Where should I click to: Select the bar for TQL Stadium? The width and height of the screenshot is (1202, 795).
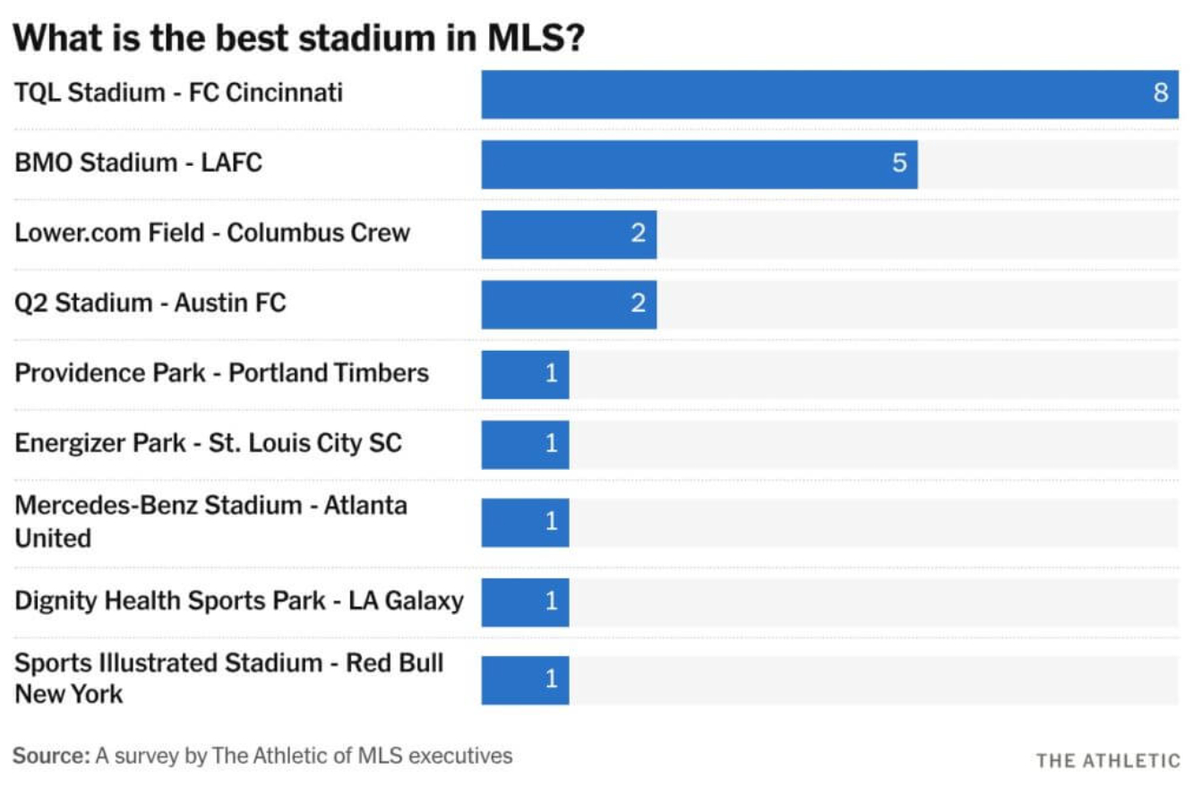pyautogui.click(x=829, y=94)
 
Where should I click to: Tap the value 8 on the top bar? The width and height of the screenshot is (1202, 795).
pyautogui.click(x=1161, y=94)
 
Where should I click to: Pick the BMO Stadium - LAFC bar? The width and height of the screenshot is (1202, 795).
pyautogui.click(x=699, y=164)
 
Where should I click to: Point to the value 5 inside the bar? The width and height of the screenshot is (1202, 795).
pyautogui.click(x=899, y=164)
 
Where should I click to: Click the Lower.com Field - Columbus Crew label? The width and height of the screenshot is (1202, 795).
pyautogui.click(x=212, y=233)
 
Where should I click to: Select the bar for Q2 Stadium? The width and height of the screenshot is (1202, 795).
pyautogui.click(x=569, y=304)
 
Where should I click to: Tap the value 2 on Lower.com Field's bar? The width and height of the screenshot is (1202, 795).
pyautogui.click(x=638, y=234)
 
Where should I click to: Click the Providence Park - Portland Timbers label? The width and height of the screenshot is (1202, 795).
pyautogui.click(x=221, y=372)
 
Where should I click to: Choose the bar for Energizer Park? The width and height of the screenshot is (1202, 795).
pyautogui.click(x=525, y=444)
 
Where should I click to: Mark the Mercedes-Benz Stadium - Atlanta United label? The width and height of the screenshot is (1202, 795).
pyautogui.click(x=210, y=521)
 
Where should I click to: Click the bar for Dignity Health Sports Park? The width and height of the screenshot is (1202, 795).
pyautogui.click(x=525, y=602)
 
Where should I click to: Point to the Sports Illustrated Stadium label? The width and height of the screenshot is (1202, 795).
pyautogui.click(x=228, y=679)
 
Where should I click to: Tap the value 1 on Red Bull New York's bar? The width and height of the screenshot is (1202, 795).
pyautogui.click(x=551, y=680)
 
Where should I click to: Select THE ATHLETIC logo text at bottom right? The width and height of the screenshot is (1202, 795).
pyautogui.click(x=1108, y=761)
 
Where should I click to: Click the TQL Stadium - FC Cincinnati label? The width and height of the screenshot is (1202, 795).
pyautogui.click(x=178, y=92)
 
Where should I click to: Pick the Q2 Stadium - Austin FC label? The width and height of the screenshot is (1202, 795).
pyautogui.click(x=150, y=303)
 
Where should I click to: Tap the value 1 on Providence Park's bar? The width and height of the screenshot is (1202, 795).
pyautogui.click(x=551, y=373)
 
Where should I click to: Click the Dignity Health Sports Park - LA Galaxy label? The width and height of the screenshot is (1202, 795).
pyautogui.click(x=238, y=600)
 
